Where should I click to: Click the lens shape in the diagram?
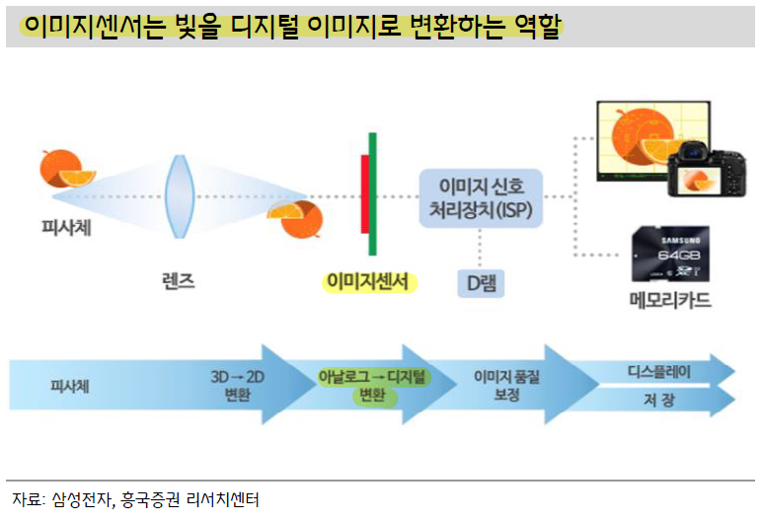tap(180, 196)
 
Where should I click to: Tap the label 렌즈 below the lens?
tap(179, 281)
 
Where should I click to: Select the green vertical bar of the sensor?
tap(372, 194)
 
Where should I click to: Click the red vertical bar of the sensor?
tap(364, 194)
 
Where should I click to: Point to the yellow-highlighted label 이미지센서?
tap(368, 282)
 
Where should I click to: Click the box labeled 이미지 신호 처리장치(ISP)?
tap(481, 197)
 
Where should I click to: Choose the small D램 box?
tap(481, 283)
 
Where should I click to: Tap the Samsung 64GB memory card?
tap(670, 254)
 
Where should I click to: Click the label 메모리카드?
tap(670, 300)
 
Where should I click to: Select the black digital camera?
tap(707, 169)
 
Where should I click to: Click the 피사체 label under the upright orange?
tap(66, 228)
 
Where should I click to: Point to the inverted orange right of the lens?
tap(295, 219)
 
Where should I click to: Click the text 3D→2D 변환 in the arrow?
tap(237, 386)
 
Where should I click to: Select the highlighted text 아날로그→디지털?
tap(372, 377)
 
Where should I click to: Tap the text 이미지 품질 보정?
tap(507, 386)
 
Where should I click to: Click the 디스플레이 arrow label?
tap(659, 372)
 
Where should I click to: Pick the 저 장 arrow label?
tap(659, 400)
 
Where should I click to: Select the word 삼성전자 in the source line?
tap(82, 499)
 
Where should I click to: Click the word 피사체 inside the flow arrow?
tap(70, 387)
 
